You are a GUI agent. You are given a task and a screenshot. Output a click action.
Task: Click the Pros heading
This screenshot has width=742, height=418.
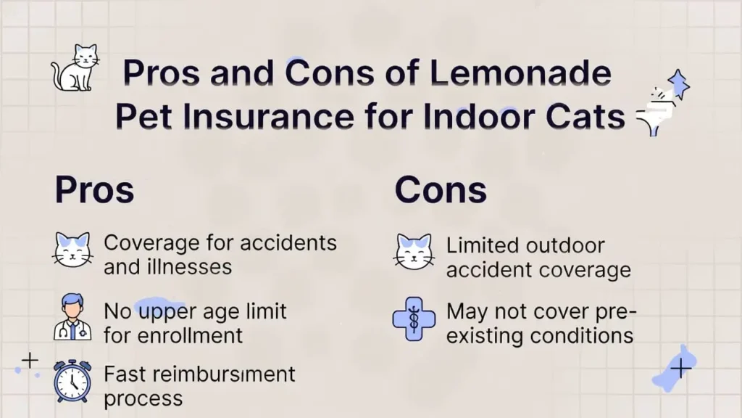coord(94,189)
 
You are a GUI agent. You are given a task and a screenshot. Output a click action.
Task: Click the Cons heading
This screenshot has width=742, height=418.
coord(440,189)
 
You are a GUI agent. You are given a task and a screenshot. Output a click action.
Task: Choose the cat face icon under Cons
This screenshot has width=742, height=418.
coord(413,251)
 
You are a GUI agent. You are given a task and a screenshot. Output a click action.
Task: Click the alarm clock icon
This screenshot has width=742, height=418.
coord(72,380)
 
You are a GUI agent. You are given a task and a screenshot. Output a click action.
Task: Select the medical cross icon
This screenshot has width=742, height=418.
coord(413,319)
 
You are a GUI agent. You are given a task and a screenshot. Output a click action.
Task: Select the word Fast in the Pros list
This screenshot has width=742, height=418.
coord(126,374)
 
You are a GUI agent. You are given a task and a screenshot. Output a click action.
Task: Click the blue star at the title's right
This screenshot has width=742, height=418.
coord(678,85)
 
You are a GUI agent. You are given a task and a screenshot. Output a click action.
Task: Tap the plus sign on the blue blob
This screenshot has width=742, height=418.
coord(680,369)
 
